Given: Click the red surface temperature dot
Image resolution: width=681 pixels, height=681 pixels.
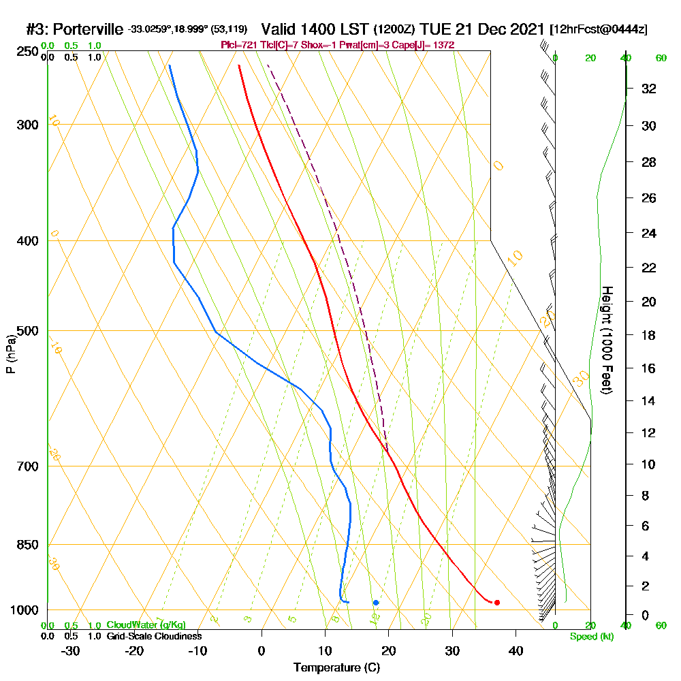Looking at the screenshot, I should (497, 602).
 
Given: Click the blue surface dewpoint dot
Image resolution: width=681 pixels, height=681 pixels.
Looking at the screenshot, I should (375, 602).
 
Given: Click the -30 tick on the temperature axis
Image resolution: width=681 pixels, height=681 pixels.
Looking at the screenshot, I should (70, 651).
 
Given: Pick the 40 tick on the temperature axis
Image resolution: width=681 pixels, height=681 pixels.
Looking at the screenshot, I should (516, 651).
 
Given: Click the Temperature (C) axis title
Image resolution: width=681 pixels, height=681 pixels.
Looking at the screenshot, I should (336, 668).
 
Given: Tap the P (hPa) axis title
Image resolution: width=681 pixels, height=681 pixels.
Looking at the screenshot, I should (10, 353).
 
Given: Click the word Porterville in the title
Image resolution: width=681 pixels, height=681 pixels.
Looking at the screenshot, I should (88, 29).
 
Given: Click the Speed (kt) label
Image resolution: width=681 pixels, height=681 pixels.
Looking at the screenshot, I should (592, 636).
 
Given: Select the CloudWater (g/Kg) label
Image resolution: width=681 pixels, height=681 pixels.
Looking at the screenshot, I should (146, 625).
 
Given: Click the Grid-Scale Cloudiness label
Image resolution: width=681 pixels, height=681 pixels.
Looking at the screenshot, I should (154, 636).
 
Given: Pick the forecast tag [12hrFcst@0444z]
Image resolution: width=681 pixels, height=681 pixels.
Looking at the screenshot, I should (599, 29).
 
